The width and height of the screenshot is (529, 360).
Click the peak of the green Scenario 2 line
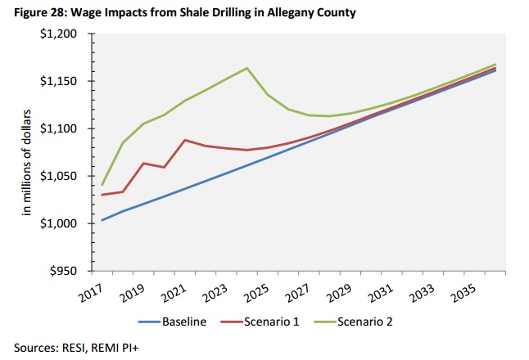pos(247,68)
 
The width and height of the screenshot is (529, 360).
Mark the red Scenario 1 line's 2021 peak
pos(185,140)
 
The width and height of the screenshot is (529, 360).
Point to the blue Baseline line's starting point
pos(102,220)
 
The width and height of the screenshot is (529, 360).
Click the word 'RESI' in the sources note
pos(73,346)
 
